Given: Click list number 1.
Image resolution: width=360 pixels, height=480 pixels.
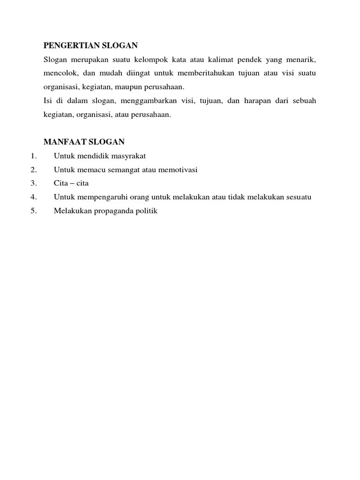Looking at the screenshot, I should [x=33, y=156].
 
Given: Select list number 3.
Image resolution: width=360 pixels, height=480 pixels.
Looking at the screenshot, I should [x=33, y=183].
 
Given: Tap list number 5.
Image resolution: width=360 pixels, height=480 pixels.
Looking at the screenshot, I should [x=33, y=211].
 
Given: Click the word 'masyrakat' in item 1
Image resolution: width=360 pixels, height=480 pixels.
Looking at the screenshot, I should [x=130, y=156].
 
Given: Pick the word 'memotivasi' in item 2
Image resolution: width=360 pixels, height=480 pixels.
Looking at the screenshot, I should [x=178, y=169].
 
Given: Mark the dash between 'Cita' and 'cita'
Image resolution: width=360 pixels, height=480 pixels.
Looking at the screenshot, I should [x=71, y=183].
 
